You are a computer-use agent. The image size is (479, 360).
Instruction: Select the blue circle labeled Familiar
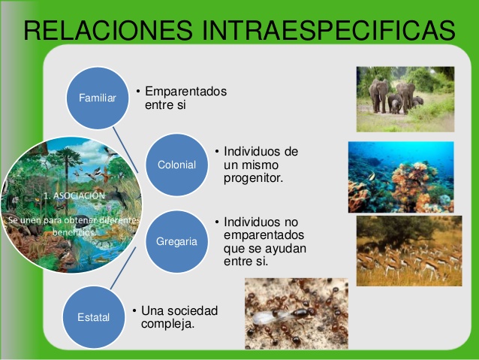click(x=98, y=97)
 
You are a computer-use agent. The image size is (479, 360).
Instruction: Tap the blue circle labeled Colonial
click(x=176, y=165)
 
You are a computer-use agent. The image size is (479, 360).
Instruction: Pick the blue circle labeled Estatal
click(x=94, y=317)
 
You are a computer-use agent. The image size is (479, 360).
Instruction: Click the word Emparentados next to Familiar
click(x=185, y=92)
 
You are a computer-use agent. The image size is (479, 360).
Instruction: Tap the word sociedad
click(x=191, y=310)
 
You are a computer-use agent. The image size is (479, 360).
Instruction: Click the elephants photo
click(x=405, y=98)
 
